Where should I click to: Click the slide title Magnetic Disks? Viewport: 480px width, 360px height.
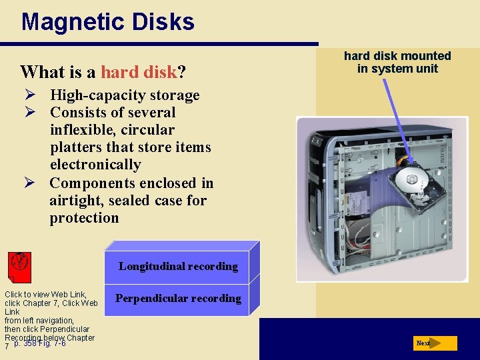(107, 22)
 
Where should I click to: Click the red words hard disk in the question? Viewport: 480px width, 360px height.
(139, 71)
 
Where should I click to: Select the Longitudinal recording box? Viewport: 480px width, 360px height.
(178, 266)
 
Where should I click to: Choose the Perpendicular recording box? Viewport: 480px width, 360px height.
(178, 298)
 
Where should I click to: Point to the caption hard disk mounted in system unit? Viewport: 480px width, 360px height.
(397, 62)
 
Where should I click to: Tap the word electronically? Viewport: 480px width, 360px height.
(95, 165)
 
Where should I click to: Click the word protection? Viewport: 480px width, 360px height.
(84, 218)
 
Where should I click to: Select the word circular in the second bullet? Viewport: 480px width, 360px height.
(147, 130)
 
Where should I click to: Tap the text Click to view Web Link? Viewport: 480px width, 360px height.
(46, 294)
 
